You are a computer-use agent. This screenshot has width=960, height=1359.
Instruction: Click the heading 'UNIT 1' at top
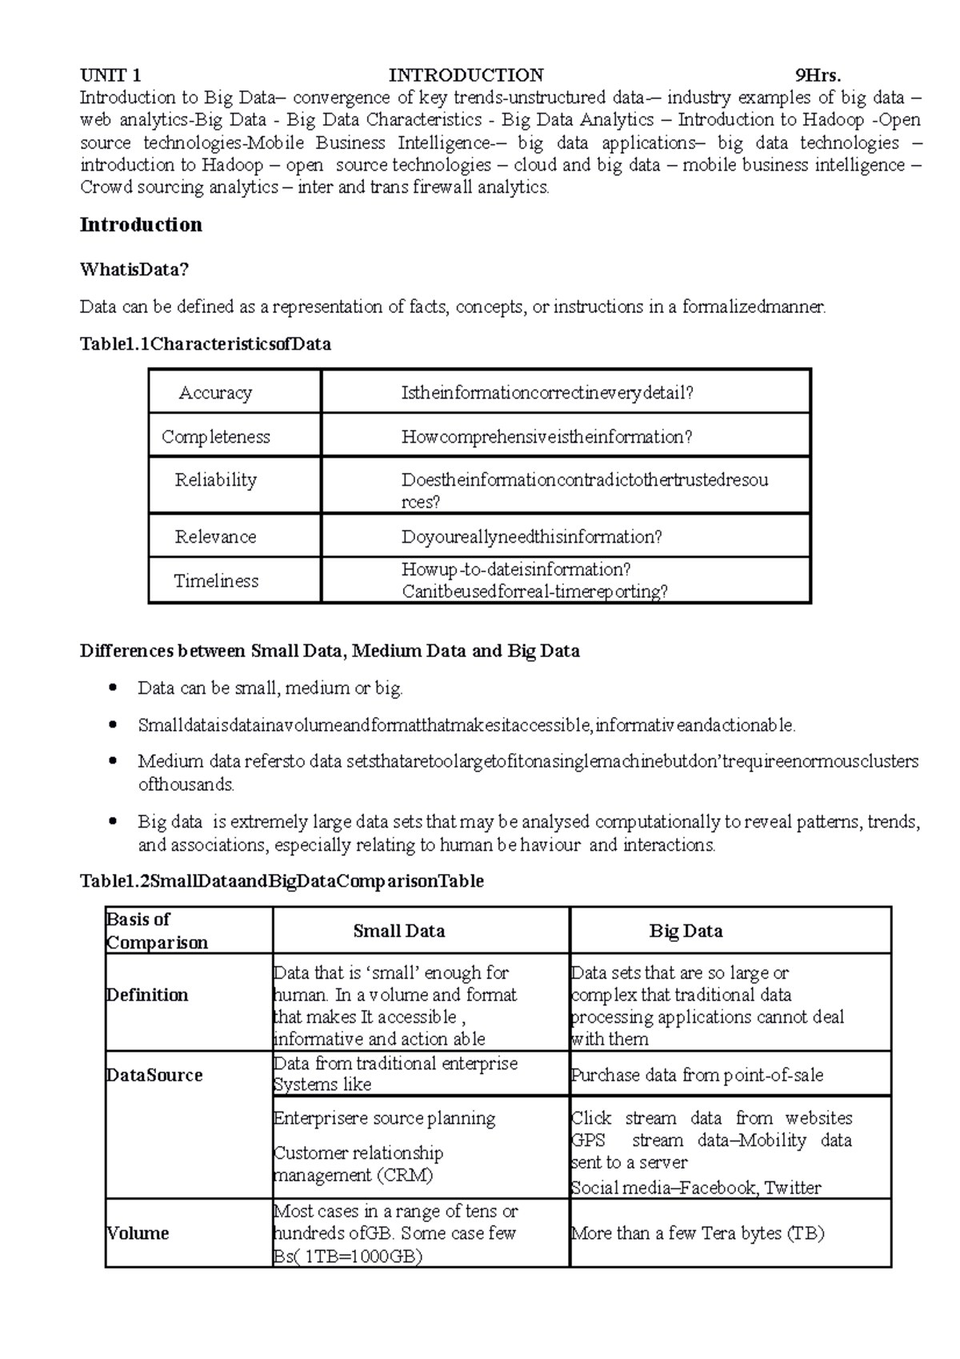[x=110, y=75]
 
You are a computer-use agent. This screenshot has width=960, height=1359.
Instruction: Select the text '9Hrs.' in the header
[x=817, y=75]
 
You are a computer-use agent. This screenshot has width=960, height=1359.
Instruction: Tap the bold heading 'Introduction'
[x=141, y=224]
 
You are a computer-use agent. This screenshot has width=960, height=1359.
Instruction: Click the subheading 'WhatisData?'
[x=134, y=270]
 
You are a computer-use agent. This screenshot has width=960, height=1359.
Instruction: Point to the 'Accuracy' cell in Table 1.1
[x=215, y=392]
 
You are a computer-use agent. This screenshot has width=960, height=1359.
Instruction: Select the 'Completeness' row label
[x=215, y=436]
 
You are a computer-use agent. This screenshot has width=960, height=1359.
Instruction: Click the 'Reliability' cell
[x=215, y=479]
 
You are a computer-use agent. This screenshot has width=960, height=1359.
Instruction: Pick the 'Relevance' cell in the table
[x=215, y=536]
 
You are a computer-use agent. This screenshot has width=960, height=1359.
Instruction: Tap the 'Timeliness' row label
[x=216, y=580]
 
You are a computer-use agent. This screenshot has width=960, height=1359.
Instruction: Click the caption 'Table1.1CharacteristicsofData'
[x=205, y=344]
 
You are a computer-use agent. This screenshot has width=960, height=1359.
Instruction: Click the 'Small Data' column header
[x=399, y=931]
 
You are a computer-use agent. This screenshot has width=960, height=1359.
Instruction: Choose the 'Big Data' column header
[x=686, y=931]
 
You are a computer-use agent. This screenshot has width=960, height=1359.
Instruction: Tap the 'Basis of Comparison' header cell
[x=157, y=931]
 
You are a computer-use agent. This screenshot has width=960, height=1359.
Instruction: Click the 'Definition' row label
[x=147, y=995]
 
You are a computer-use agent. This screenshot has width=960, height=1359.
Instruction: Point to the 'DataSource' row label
[x=154, y=1075]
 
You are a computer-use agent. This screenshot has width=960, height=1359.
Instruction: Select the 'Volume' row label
[x=138, y=1233]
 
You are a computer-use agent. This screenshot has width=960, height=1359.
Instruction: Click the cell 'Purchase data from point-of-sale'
[x=697, y=1075]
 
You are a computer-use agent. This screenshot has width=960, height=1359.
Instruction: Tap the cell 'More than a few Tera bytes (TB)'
[x=697, y=1233]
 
